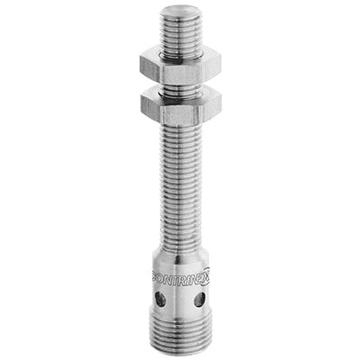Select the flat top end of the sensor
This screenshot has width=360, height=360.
(177, 11)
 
